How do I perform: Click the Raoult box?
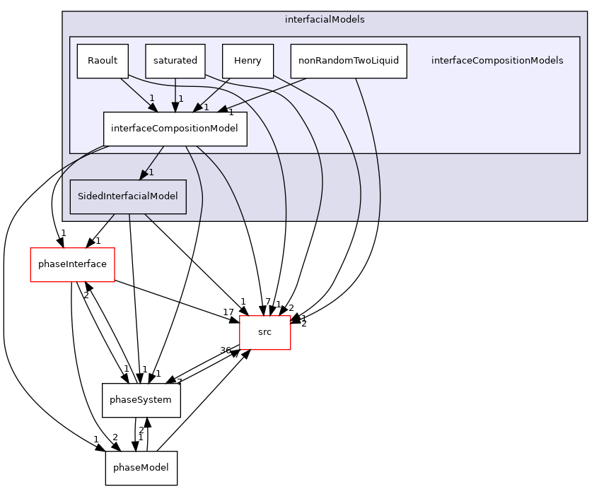pos(103,61)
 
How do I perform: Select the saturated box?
pos(175,61)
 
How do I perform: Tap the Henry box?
pos(248,61)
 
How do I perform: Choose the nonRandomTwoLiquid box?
pos(348,61)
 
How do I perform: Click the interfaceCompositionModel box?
pos(175,129)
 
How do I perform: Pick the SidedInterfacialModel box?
pos(128,196)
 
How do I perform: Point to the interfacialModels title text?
pos(325,20)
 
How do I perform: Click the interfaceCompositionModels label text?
pos(497,61)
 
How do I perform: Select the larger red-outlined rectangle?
pos(72,265)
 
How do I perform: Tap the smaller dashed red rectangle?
pos(265,333)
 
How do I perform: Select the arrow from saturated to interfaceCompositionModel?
pos(175,95)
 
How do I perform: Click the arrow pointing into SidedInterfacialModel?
pos(153,162)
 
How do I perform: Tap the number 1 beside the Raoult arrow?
pos(151,98)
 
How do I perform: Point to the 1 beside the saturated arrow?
pos(181,99)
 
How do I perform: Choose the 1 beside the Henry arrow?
pos(207,107)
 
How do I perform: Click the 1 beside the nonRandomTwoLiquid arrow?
pos(231,112)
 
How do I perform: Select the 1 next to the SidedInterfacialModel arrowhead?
pos(151,172)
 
